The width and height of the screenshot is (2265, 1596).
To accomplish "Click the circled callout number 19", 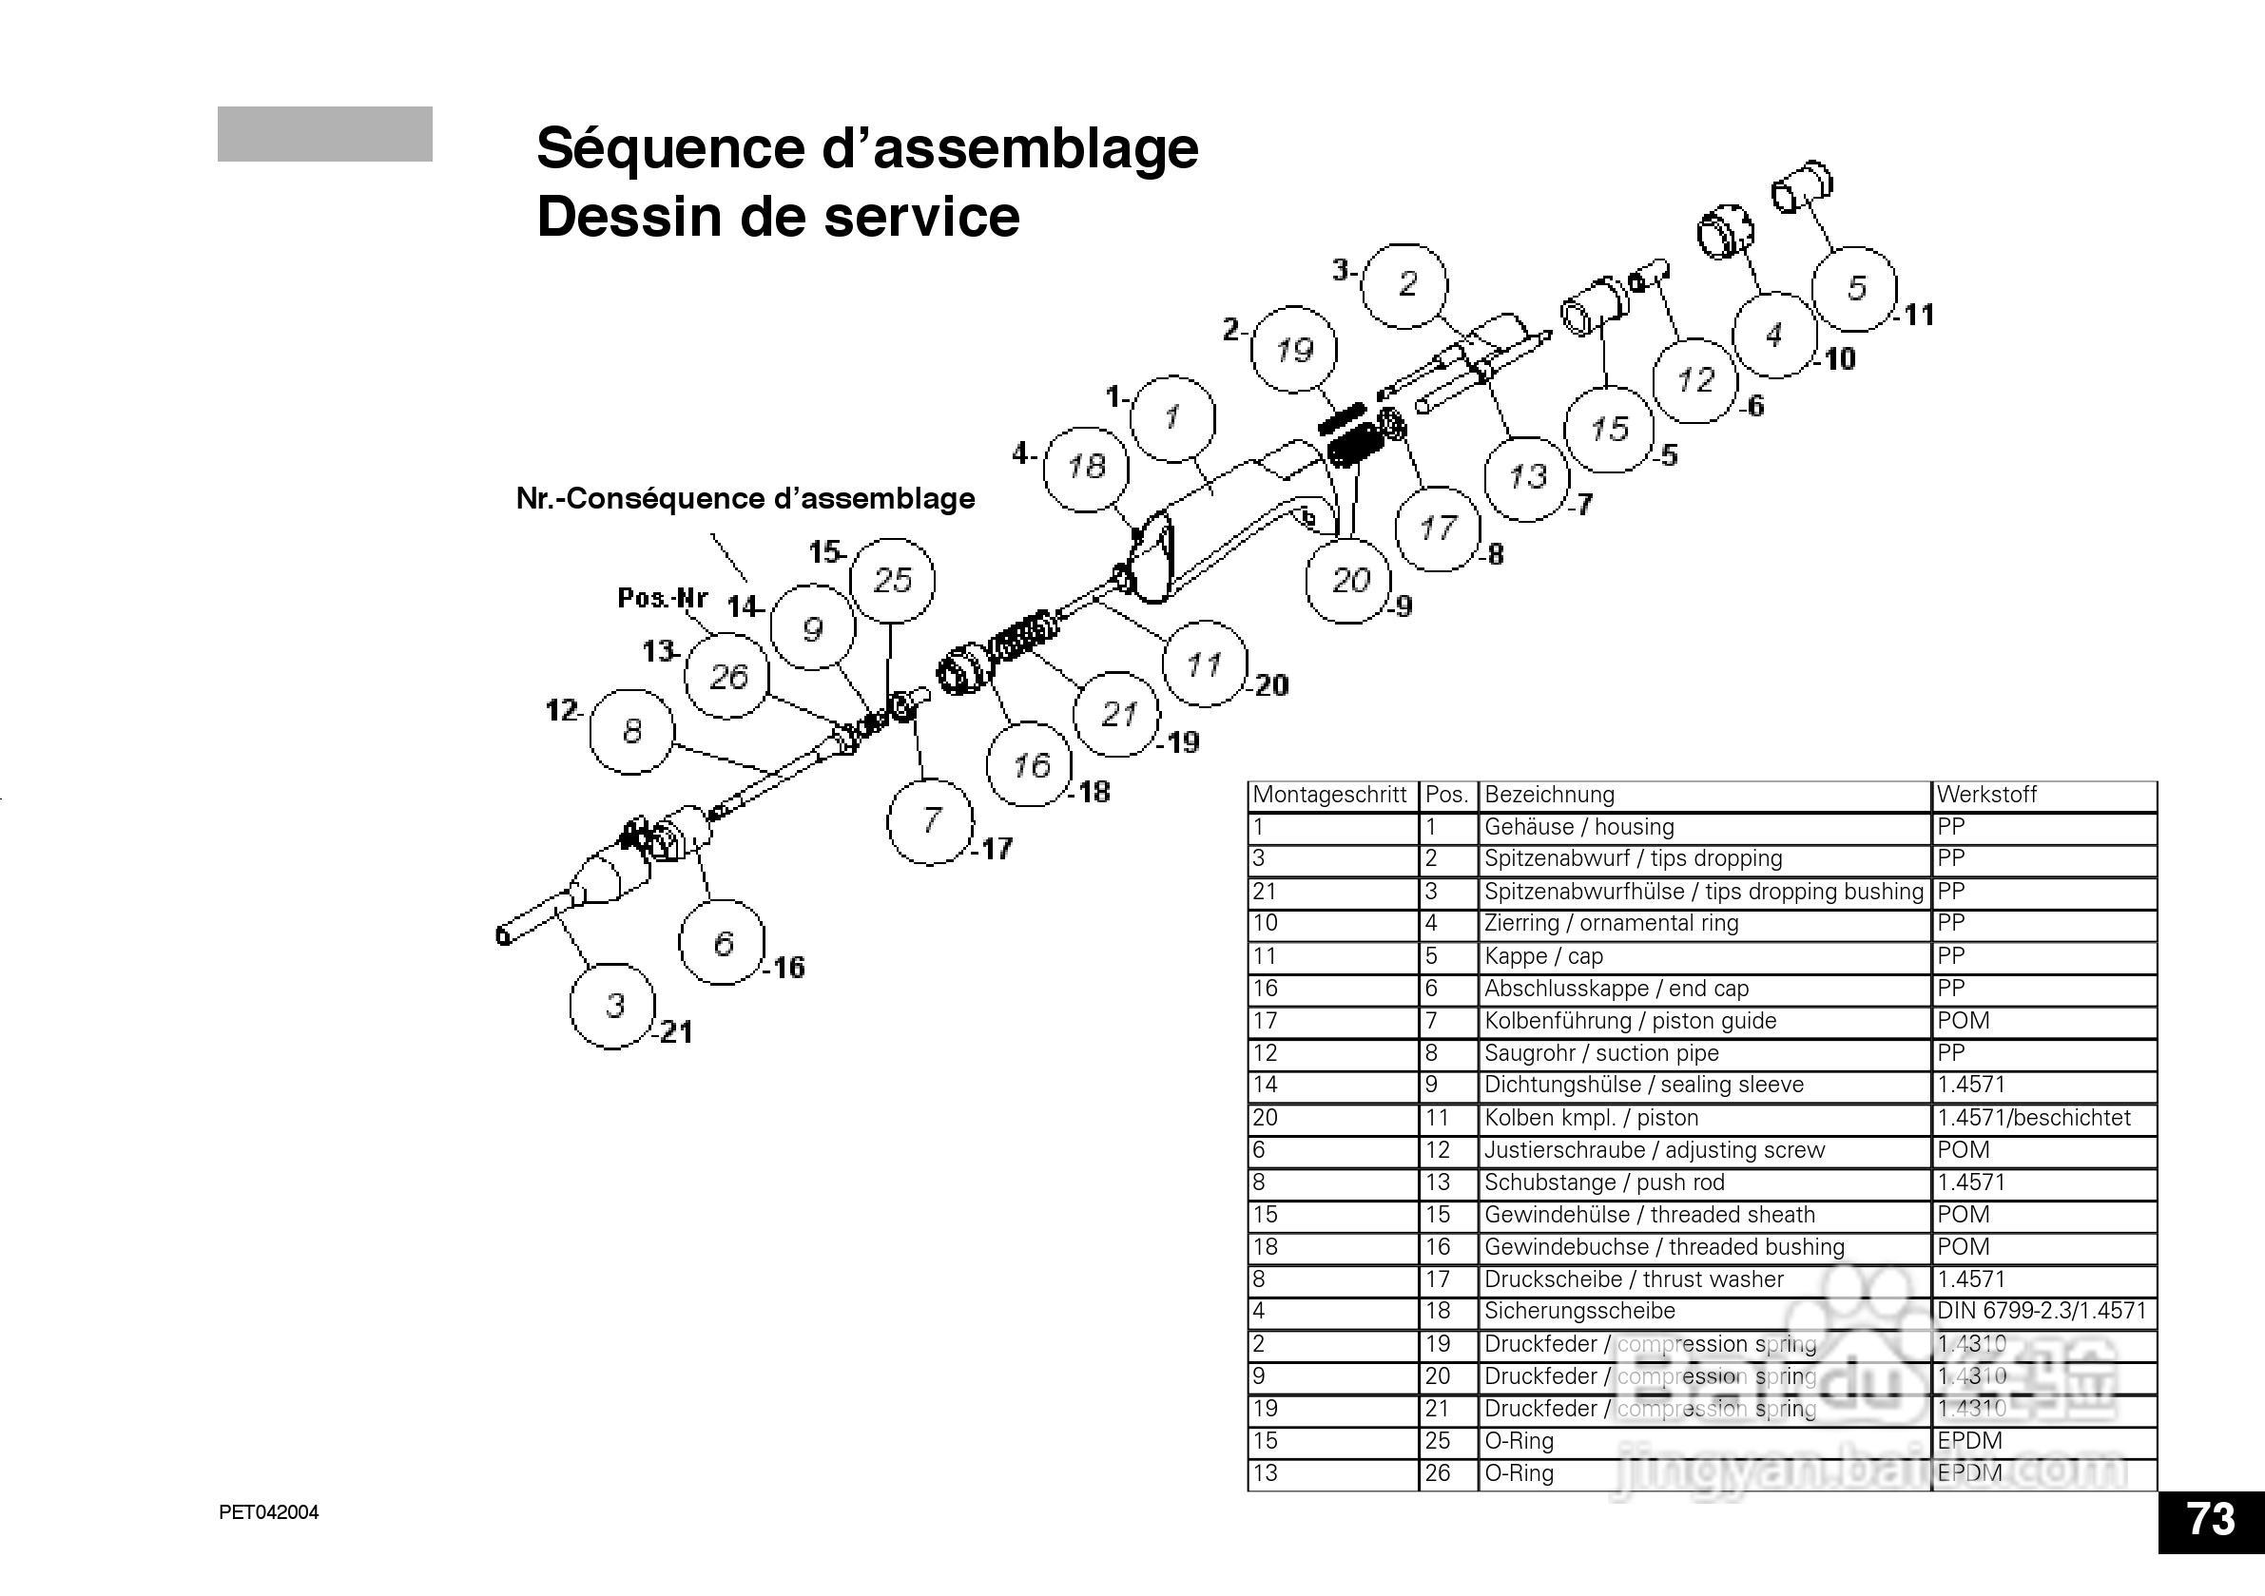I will (1293, 349).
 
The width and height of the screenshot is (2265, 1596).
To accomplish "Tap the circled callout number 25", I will (892, 580).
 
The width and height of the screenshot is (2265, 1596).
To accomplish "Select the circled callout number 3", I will (613, 1005).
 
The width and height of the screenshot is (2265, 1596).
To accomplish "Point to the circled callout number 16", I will (1030, 764).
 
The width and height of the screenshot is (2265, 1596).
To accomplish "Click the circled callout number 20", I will (1348, 580).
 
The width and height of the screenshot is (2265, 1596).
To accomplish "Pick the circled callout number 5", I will (1855, 288).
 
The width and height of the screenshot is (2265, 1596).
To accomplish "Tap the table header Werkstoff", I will (1985, 794).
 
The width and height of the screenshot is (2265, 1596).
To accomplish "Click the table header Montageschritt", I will (1328, 794).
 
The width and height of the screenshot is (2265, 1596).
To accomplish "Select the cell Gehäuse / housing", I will (1578, 827).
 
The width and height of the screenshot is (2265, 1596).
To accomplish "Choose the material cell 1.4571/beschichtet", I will (2032, 1118).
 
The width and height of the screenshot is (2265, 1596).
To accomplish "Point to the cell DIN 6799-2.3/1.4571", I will (2040, 1311).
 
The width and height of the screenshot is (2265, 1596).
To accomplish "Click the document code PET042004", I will (268, 1513).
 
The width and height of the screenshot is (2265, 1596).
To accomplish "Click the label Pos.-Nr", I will (662, 598).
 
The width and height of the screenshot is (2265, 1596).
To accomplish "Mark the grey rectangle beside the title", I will (324, 133).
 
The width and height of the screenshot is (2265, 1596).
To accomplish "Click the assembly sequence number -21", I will (675, 1031).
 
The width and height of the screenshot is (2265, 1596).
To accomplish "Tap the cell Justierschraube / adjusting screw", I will (1654, 1150).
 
